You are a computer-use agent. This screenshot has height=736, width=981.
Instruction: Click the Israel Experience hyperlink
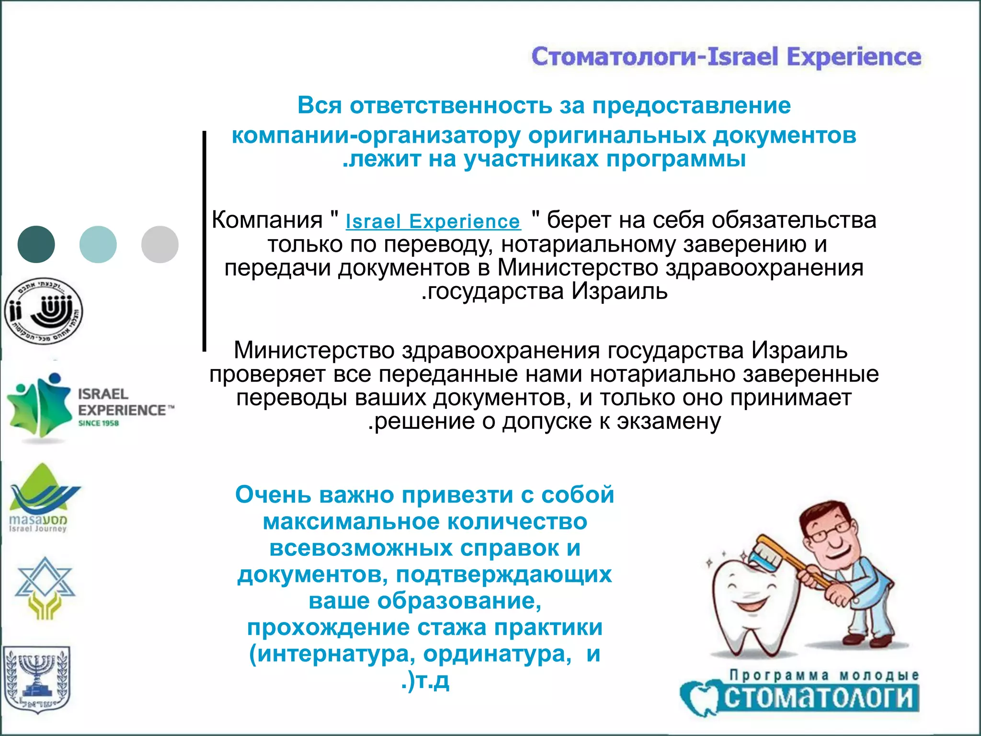click(x=433, y=221)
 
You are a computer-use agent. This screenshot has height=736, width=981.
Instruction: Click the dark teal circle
click(x=36, y=244)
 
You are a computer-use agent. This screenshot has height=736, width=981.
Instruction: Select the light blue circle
click(x=98, y=244)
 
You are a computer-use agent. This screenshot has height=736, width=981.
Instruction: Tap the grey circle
click(x=160, y=244)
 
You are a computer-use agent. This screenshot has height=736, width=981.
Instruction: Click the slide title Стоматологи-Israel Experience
click(x=726, y=57)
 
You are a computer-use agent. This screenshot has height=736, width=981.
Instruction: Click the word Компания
click(x=267, y=220)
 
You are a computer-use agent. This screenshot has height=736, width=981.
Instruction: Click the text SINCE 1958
click(x=98, y=423)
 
